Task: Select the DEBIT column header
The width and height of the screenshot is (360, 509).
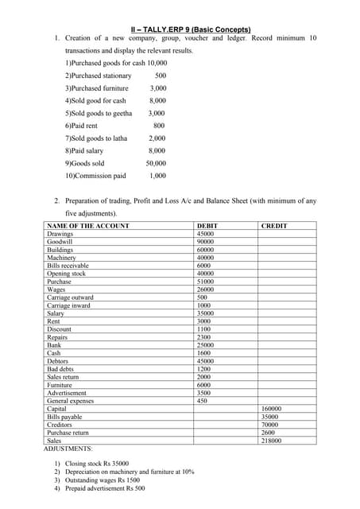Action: coord(207,226)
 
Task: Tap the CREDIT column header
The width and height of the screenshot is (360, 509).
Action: coord(274,226)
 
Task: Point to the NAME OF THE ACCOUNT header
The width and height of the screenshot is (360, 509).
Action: coord(88,226)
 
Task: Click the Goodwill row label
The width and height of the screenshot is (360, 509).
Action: coord(60,242)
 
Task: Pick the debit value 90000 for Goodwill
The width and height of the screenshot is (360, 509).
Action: coord(205,242)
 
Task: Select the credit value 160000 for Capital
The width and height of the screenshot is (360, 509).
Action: coord(271,409)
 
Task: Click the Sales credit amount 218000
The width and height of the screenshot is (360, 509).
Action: coord(271,441)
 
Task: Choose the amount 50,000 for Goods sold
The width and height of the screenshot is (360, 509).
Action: coord(156,162)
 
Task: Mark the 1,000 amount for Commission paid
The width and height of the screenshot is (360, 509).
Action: coord(157,175)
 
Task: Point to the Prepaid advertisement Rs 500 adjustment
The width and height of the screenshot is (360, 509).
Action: coord(105,489)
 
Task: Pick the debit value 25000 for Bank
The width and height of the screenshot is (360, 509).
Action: coord(205,345)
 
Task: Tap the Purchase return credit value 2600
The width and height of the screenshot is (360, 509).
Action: coord(269,433)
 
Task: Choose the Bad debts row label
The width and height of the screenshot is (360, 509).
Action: coord(60,369)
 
